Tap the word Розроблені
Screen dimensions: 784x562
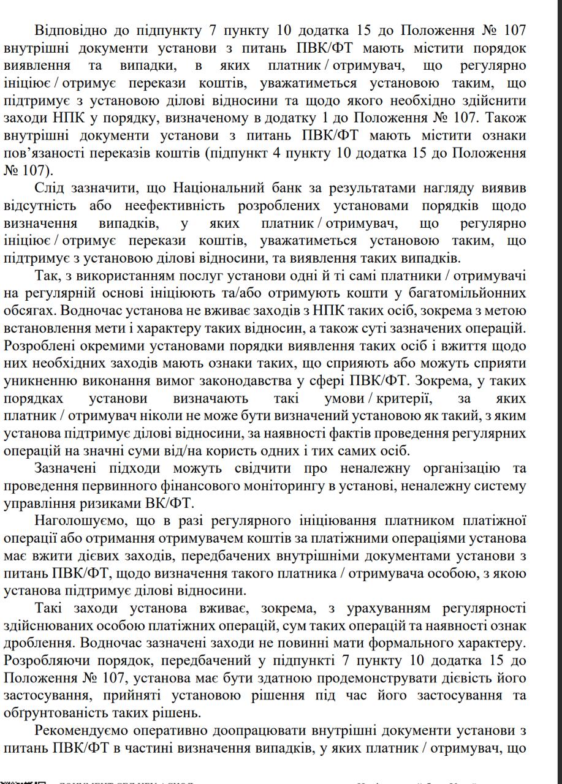(x=39, y=345)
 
